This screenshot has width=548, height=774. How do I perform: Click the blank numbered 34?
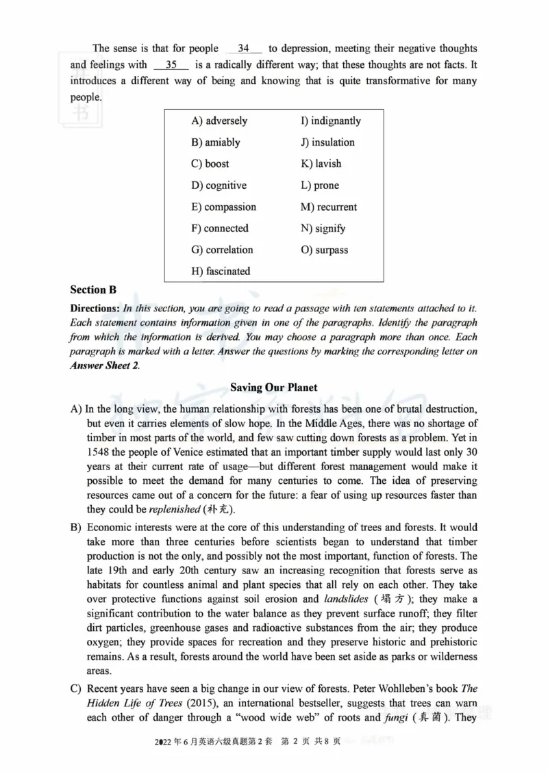click(243, 49)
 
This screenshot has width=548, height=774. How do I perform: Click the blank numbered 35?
click(171, 65)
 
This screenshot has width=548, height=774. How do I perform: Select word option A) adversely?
click(219, 121)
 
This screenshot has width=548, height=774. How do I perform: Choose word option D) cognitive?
click(219, 185)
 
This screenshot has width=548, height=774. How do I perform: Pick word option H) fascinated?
click(221, 271)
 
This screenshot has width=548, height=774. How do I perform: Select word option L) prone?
click(320, 185)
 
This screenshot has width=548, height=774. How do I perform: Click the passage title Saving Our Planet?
click(273, 387)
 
